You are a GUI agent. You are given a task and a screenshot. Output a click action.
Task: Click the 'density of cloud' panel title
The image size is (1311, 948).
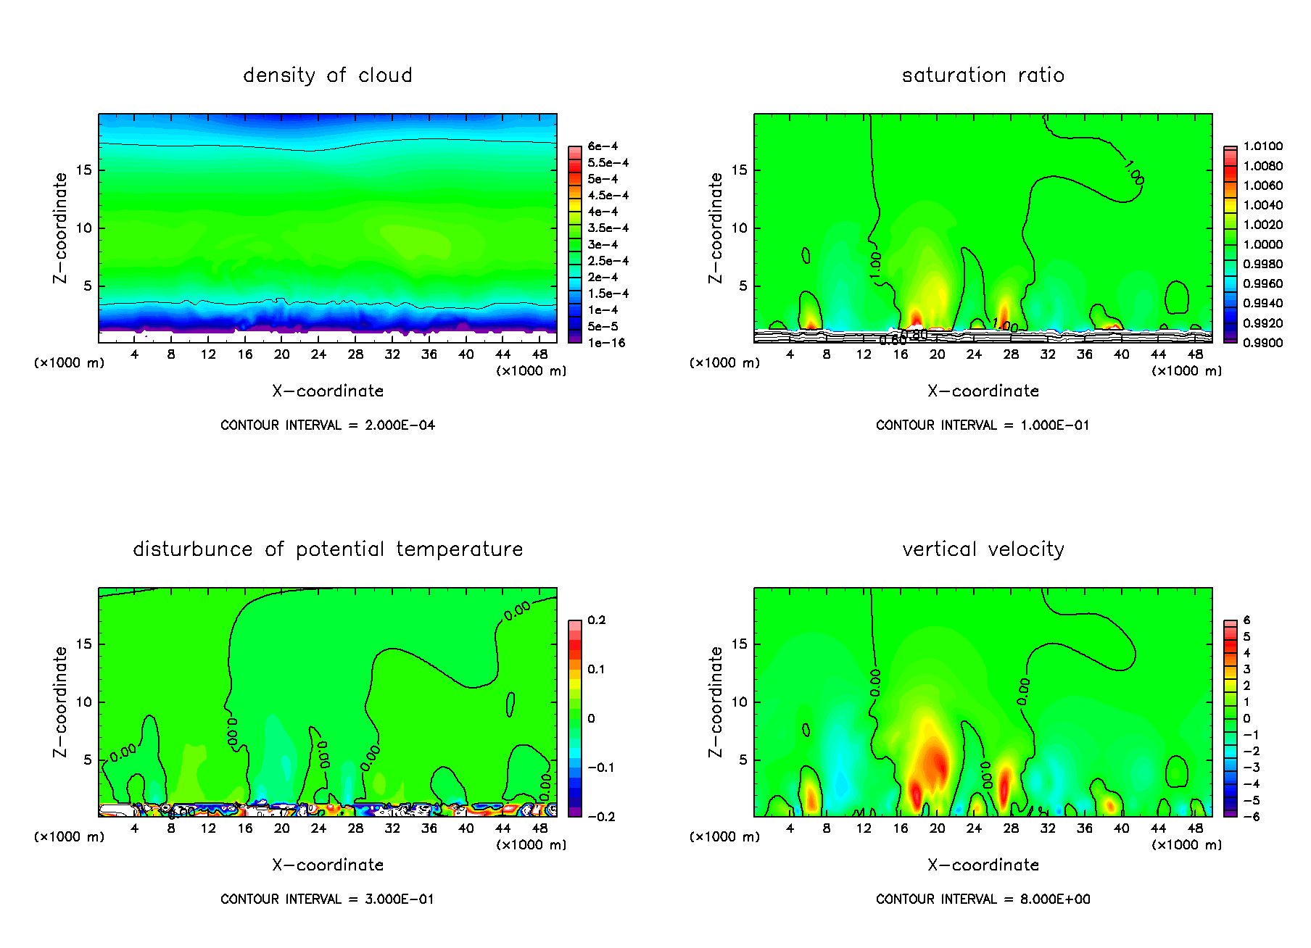[x=327, y=75]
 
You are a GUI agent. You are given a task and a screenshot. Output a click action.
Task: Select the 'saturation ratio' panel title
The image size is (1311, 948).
[x=983, y=75]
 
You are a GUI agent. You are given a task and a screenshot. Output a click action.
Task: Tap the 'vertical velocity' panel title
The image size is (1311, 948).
[x=983, y=549]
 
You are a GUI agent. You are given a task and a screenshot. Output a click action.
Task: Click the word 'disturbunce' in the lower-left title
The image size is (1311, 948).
[x=192, y=549]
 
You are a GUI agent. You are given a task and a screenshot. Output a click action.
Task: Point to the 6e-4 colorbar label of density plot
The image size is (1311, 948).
[x=603, y=146]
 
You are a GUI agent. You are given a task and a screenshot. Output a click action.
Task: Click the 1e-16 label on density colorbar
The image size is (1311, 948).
[x=606, y=343]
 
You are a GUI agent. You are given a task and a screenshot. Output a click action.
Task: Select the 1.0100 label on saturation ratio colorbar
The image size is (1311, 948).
[x=1262, y=146]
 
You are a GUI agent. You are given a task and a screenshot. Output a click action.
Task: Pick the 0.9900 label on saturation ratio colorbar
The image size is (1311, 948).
[x=1262, y=343]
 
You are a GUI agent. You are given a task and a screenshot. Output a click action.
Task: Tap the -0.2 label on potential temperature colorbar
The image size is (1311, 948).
[x=602, y=817]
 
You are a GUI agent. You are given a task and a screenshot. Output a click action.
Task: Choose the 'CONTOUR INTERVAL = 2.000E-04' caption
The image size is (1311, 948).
[x=328, y=425]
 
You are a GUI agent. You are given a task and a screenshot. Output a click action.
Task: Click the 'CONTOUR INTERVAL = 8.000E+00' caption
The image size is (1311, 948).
[x=983, y=899]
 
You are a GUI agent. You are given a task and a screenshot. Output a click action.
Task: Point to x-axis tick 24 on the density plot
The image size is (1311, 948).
[x=318, y=354]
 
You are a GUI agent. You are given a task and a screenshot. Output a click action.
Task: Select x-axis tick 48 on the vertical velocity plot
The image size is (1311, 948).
[x=1195, y=828]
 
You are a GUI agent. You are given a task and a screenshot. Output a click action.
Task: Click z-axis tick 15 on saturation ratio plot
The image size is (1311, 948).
[x=739, y=170]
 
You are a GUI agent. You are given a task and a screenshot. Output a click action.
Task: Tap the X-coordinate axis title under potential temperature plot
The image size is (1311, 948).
[x=328, y=865]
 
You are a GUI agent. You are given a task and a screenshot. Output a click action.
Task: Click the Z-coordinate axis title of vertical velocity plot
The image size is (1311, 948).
[x=716, y=702]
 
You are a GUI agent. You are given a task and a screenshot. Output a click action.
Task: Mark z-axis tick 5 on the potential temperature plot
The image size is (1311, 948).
[x=88, y=760]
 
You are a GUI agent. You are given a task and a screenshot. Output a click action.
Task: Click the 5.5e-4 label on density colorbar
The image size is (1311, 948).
[x=608, y=163]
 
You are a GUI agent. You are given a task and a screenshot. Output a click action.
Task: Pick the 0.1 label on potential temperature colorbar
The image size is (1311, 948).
[x=596, y=670]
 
